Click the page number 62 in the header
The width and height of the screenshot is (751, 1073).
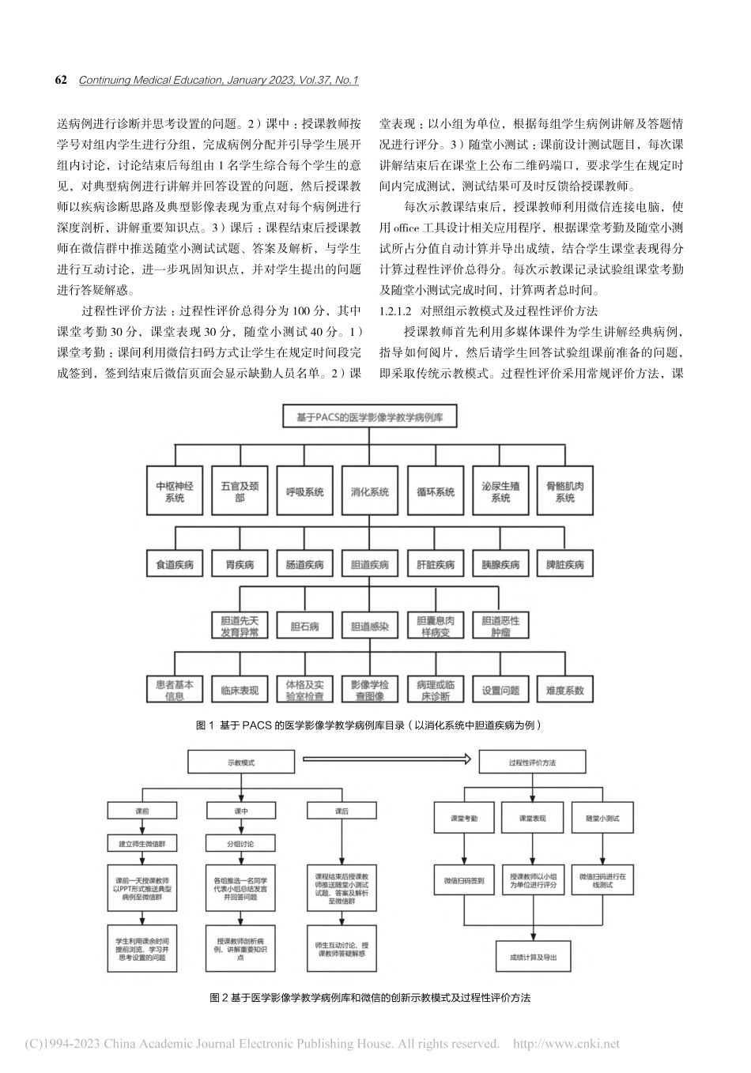click(62, 81)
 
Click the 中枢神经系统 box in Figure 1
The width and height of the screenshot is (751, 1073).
click(175, 492)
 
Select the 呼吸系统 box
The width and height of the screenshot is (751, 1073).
click(305, 492)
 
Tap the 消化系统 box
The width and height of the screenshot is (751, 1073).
click(370, 492)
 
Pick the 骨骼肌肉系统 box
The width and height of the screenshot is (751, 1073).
click(564, 492)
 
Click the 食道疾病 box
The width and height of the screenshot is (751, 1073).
click(175, 565)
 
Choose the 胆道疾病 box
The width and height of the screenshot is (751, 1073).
click(370, 565)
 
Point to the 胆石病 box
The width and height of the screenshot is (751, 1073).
click(305, 627)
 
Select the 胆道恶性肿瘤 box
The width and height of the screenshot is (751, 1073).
click(500, 627)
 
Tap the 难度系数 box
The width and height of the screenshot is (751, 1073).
click(564, 690)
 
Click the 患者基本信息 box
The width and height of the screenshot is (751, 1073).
click(175, 690)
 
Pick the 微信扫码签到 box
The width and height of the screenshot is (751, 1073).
click(463, 881)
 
